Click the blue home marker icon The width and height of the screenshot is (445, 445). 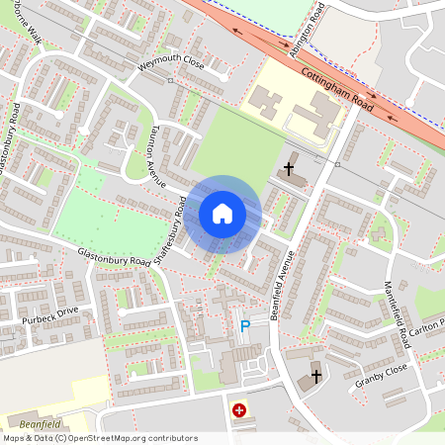[222, 214]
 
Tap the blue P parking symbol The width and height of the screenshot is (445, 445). [245, 325]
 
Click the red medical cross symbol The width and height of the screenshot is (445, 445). [238, 408]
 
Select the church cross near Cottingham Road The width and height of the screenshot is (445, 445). [290, 168]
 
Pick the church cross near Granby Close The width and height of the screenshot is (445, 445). [316, 376]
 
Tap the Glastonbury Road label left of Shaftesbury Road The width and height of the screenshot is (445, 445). [109, 255]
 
